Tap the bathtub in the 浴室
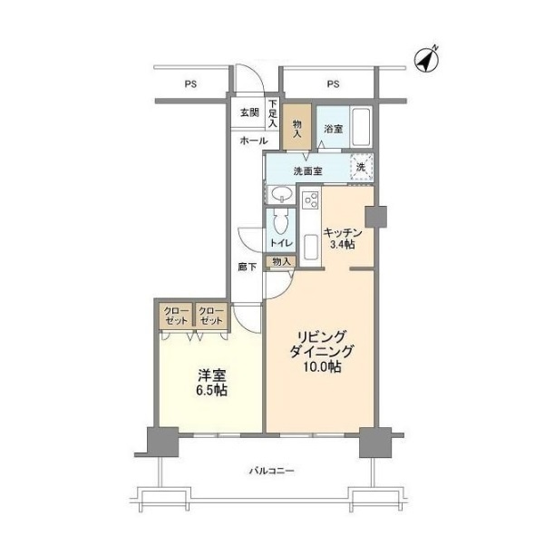361,127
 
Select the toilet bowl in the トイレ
281,224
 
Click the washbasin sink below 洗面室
282,194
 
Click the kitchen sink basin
310,247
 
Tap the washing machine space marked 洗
362,167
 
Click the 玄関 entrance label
250,113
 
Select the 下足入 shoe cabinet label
273,113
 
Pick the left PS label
190,84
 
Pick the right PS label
333,84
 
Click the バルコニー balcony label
272,471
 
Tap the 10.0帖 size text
322,367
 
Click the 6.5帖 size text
211,390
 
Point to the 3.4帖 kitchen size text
342,244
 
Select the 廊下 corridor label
248,267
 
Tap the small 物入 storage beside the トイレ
281,261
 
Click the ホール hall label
254,141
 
